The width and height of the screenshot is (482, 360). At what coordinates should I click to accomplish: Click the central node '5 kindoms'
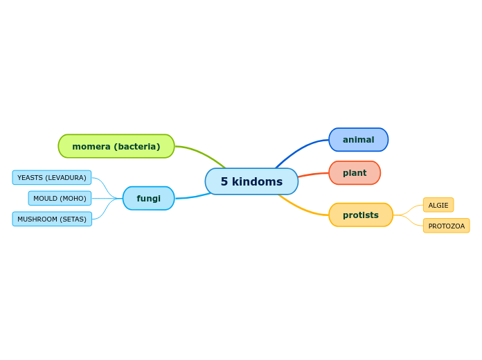tap(251, 181)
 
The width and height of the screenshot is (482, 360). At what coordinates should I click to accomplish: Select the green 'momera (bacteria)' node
tap(116, 146)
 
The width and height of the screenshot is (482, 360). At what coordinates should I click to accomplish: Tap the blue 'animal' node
tap(359, 140)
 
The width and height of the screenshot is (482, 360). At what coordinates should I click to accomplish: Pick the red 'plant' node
tap(355, 173)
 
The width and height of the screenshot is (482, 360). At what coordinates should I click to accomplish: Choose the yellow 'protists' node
tap(361, 215)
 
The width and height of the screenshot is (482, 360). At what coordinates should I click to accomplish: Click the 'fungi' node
tap(148, 198)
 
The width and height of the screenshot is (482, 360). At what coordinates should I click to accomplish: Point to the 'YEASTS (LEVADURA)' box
tap(52, 177)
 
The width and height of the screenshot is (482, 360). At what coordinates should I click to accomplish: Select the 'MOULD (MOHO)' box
tap(60, 198)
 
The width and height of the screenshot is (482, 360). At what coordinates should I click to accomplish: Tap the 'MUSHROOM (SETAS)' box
tap(52, 219)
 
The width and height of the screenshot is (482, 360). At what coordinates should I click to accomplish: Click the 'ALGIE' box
tap(438, 205)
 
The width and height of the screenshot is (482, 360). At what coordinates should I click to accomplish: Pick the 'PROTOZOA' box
tap(447, 226)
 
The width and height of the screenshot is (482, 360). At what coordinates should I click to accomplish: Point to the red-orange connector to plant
tap(313, 174)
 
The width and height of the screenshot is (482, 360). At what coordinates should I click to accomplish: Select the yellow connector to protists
tap(303, 208)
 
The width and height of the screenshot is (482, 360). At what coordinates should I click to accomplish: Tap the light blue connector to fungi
tap(193, 197)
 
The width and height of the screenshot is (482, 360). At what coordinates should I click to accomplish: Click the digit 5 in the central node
tap(224, 181)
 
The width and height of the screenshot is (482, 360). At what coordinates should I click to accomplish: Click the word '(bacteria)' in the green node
tap(137, 147)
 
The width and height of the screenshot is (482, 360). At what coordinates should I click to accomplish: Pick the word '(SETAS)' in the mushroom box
tap(73, 219)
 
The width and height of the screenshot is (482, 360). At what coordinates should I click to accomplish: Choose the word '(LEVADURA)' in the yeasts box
tap(66, 178)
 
